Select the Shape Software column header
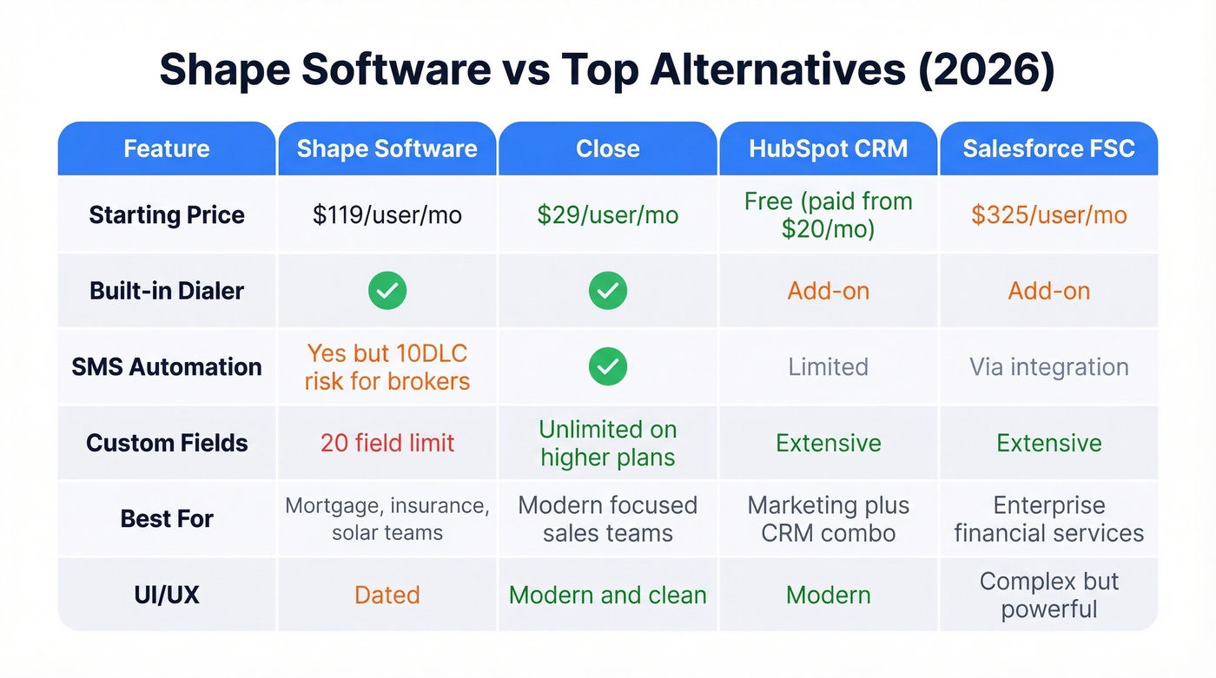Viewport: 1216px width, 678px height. click(x=387, y=148)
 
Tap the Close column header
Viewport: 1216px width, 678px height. click(x=607, y=148)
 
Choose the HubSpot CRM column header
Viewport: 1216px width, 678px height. click(x=828, y=148)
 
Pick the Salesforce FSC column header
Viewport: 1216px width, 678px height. click(x=1048, y=148)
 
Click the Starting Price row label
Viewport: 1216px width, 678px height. click(x=167, y=215)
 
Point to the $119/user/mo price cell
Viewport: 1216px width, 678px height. click(x=387, y=215)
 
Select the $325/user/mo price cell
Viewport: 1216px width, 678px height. click(x=1048, y=215)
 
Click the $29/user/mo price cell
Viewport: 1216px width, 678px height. click(x=607, y=215)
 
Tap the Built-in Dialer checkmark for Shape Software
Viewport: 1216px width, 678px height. click(x=387, y=291)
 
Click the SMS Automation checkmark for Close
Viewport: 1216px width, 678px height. click(x=607, y=366)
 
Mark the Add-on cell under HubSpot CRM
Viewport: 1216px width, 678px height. click(x=828, y=291)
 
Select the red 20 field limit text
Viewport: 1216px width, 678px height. click(x=387, y=443)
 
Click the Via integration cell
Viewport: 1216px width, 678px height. click(x=1048, y=366)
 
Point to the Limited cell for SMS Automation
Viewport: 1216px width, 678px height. click(x=828, y=366)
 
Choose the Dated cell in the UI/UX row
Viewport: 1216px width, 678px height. click(x=387, y=595)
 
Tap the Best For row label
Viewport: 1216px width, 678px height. click(x=167, y=519)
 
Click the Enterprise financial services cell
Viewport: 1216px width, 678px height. click(x=1048, y=519)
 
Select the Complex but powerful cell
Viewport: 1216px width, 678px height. click(x=1048, y=595)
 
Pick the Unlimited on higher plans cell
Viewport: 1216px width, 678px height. click(x=607, y=443)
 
